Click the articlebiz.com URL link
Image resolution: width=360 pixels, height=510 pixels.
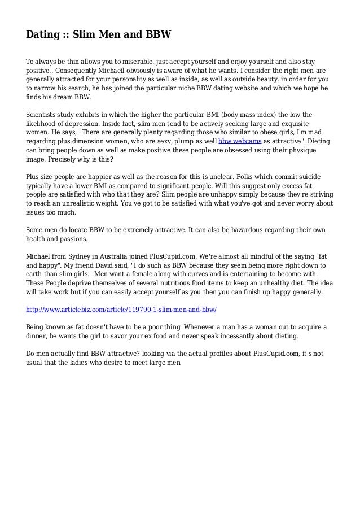[x=122, y=310]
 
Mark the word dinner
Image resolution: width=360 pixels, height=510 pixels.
[x=41, y=337]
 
